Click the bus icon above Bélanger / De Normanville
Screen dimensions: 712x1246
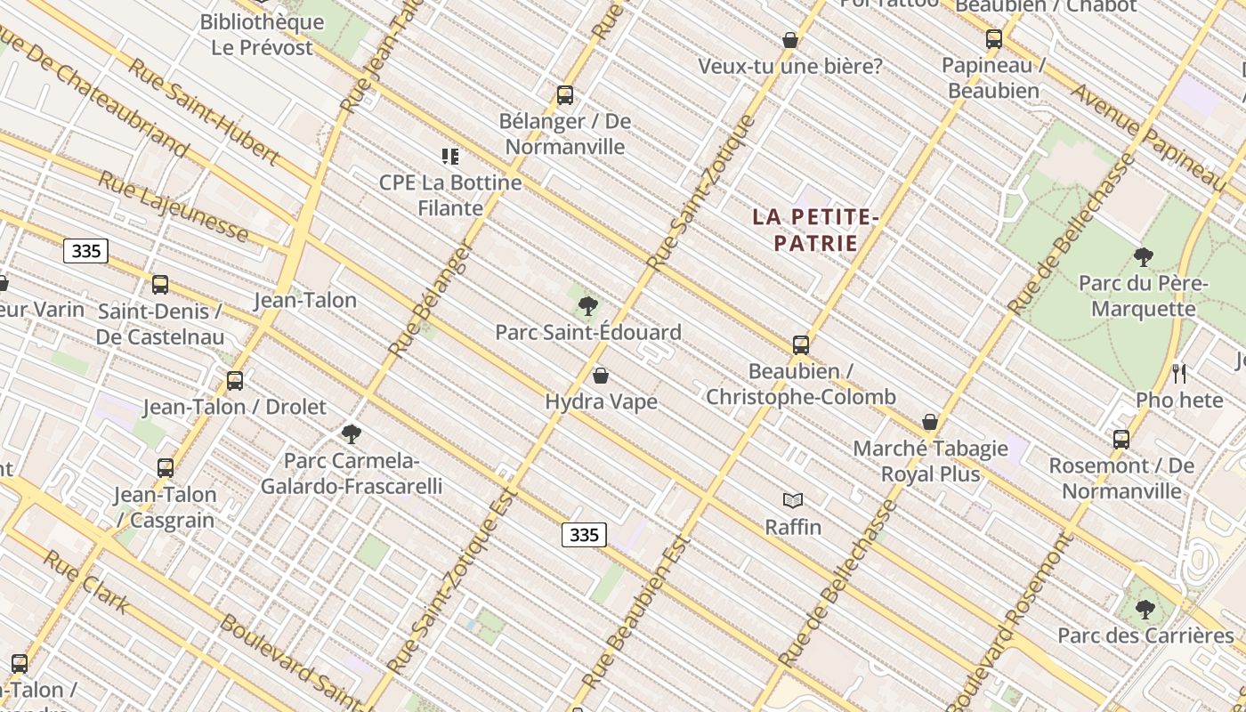(564, 95)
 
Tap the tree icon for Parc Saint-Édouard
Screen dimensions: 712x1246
(587, 307)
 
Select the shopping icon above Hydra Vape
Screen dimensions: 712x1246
(601, 376)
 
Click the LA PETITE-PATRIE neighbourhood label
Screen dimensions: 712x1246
(815, 230)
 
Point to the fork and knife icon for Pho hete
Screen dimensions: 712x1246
(1179, 374)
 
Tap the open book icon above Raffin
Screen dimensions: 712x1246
(793, 501)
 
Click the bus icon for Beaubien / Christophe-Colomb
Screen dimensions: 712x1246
(801, 345)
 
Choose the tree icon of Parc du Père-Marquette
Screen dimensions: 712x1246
(1144, 258)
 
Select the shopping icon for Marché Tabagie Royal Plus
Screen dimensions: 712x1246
(930, 422)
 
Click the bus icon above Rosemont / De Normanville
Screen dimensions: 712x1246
(1121, 439)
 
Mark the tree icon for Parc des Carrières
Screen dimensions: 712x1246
(1145, 610)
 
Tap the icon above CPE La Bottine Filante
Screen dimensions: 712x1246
(450, 157)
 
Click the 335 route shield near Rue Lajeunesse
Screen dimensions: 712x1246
(86, 251)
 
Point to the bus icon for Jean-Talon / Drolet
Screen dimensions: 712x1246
(235, 381)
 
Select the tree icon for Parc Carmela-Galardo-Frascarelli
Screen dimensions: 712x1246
(352, 434)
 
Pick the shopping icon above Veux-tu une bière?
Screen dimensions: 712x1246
(789, 40)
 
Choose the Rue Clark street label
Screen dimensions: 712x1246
(86, 583)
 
